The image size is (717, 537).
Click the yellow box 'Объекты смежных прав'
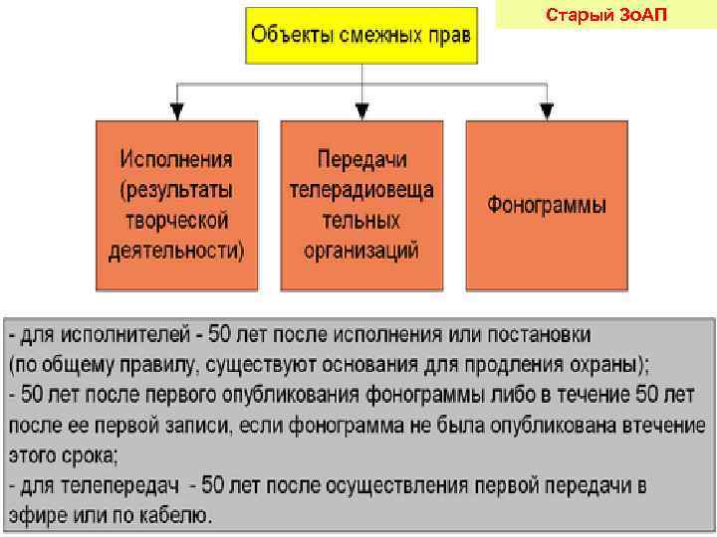tap(361, 37)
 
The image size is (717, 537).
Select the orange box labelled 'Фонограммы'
tap(547, 205)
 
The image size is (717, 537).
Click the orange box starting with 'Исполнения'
tap(176, 205)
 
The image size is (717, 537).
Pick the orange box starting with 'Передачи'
tap(361, 205)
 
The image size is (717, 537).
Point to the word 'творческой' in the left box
tap(177, 220)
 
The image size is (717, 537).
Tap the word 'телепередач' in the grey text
tap(122, 486)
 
